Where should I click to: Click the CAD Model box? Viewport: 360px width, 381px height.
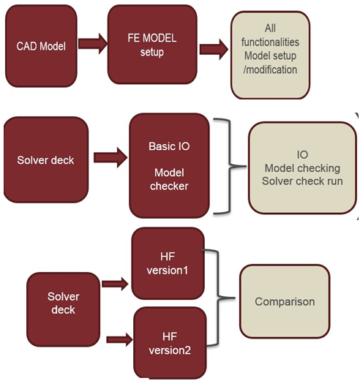pyautogui.click(x=41, y=46)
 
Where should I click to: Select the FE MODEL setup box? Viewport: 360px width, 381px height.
pyautogui.click(x=152, y=45)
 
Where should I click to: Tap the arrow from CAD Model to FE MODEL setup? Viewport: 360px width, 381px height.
pyautogui.click(x=93, y=44)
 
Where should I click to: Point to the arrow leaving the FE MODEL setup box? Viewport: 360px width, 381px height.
pyautogui.click(x=214, y=50)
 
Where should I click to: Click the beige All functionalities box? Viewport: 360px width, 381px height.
pyautogui.click(x=270, y=55)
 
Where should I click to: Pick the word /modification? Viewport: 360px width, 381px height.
pyautogui.click(x=270, y=69)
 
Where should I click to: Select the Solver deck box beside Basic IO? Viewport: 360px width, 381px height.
pyautogui.click(x=46, y=159)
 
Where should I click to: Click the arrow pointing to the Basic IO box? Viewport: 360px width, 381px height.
pyautogui.click(x=110, y=157)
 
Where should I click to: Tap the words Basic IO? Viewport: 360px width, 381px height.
pyautogui.click(x=169, y=146)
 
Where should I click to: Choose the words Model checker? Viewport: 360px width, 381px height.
pyautogui.click(x=169, y=179)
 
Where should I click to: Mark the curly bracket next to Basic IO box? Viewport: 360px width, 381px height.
pyautogui.click(x=230, y=167)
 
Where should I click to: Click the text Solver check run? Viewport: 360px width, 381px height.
pyautogui.click(x=302, y=181)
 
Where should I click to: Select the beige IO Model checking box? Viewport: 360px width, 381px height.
pyautogui.click(x=302, y=168)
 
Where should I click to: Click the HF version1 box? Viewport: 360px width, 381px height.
pyautogui.click(x=168, y=263)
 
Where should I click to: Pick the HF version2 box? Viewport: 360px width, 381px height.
pyautogui.click(x=170, y=343)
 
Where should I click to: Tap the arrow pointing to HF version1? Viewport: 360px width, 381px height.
pyautogui.click(x=115, y=284)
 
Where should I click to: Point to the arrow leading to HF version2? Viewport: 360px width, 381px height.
pyautogui.click(x=119, y=339)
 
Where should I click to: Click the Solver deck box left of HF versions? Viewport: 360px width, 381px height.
pyautogui.click(x=63, y=309)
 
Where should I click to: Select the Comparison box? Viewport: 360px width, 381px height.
pyautogui.click(x=285, y=301)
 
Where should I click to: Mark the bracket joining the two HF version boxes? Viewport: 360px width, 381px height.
pyautogui.click(x=217, y=298)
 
